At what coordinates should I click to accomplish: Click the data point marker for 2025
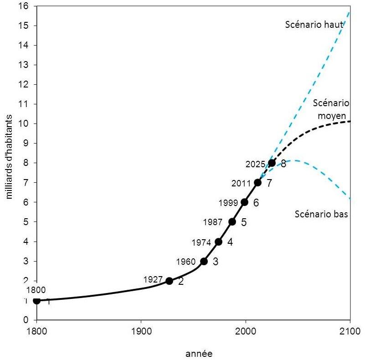pyautogui.click(x=272, y=163)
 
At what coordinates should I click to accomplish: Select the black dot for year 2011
pyautogui.click(x=258, y=183)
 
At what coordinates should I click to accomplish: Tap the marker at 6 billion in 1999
pyautogui.click(x=245, y=202)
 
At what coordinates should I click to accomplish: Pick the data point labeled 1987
pyautogui.click(x=232, y=222)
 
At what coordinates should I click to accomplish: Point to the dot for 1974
pyautogui.click(x=219, y=242)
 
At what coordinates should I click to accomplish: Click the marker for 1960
pyautogui.click(x=204, y=261)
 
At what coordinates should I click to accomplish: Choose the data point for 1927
pyautogui.click(x=170, y=281)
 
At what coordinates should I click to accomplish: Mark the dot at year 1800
pyautogui.click(x=37, y=300)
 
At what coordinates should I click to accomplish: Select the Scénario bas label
pyautogui.click(x=322, y=214)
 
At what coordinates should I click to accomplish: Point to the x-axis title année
pyautogui.click(x=199, y=353)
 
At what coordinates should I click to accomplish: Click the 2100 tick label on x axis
pyautogui.click(x=350, y=331)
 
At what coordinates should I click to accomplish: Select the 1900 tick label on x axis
pyautogui.click(x=141, y=331)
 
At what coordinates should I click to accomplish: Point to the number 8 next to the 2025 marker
pyautogui.click(x=283, y=164)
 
